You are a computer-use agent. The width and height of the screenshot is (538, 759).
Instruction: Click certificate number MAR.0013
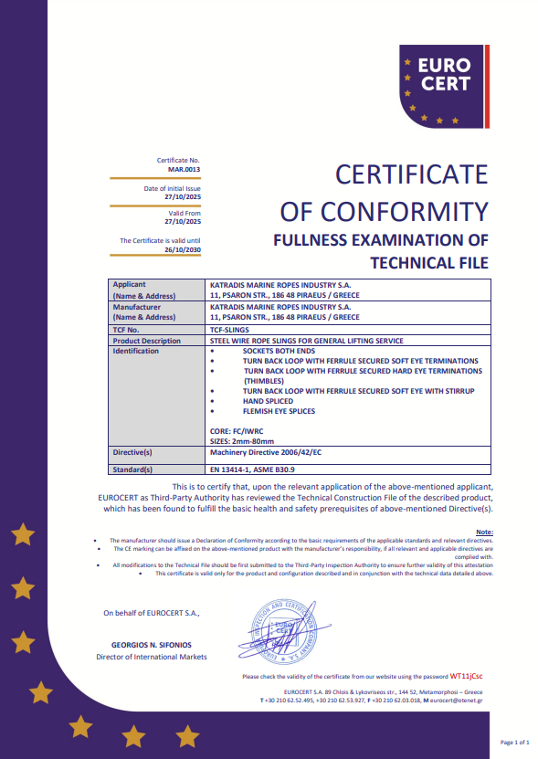click(x=184, y=170)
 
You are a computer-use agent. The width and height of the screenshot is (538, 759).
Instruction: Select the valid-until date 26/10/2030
click(x=182, y=249)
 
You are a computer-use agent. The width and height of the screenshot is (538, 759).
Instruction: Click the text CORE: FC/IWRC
click(x=237, y=431)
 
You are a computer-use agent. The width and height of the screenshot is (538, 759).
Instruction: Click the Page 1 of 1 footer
click(x=514, y=743)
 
